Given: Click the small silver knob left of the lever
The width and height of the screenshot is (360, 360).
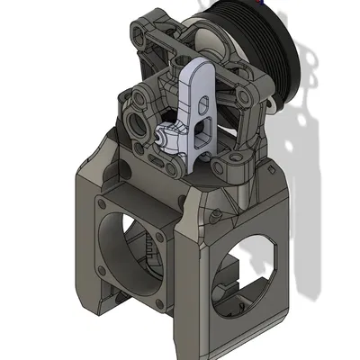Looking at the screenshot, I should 159,139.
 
